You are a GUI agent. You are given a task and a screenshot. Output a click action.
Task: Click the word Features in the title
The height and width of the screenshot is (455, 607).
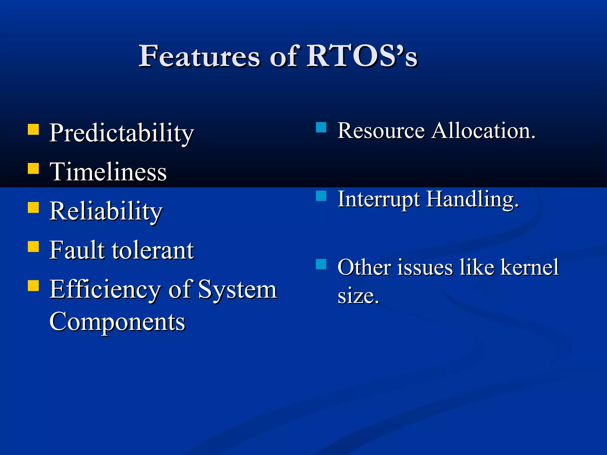tap(199, 56)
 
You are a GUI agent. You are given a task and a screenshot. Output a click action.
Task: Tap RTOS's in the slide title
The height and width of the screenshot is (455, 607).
tap(362, 56)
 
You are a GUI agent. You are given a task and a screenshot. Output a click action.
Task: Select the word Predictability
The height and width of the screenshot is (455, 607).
tap(121, 133)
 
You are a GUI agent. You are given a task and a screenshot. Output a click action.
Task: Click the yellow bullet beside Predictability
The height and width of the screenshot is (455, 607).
tap(33, 129)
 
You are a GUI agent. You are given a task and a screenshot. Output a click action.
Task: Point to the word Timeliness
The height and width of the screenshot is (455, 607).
tap(108, 172)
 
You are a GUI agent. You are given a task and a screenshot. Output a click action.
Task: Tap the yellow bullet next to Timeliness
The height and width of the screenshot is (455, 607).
tap(33, 168)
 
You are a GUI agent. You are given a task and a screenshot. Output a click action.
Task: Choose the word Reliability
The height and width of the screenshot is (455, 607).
tap(106, 211)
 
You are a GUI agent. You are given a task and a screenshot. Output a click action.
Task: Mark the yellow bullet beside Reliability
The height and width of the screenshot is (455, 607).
tap(33, 208)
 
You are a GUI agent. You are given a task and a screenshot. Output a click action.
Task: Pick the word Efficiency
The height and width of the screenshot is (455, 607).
tap(105, 290)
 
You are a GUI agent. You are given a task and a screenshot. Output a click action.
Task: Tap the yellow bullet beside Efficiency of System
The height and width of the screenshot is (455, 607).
tap(33, 286)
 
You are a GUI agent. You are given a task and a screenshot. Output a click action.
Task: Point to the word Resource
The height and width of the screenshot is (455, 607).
tap(381, 131)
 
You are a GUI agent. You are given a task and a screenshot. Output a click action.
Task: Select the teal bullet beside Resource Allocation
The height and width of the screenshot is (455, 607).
tap(321, 127)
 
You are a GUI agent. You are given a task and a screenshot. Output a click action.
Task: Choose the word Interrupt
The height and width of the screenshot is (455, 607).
tap(379, 199)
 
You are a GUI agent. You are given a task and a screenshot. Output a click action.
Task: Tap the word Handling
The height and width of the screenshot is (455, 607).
tap(472, 199)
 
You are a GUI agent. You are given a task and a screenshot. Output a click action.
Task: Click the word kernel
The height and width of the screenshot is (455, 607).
tap(529, 267)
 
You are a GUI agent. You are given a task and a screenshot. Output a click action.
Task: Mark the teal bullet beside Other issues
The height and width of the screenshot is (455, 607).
tap(321, 264)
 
